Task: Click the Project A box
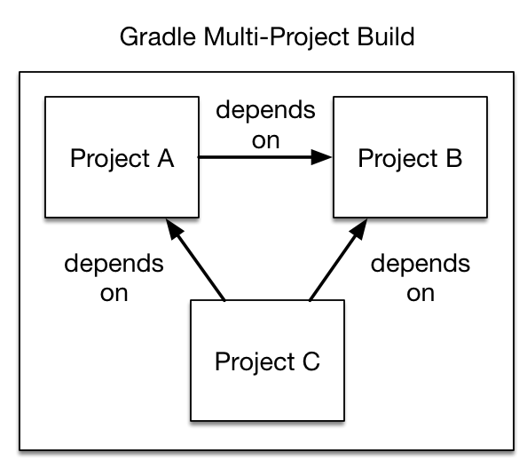point(122,157)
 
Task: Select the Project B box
point(410,157)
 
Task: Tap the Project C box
point(267,361)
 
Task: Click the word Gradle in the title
point(158,38)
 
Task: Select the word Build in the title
point(382,38)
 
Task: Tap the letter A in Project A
point(164,158)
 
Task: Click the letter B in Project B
point(452,158)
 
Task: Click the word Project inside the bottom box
point(254,362)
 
